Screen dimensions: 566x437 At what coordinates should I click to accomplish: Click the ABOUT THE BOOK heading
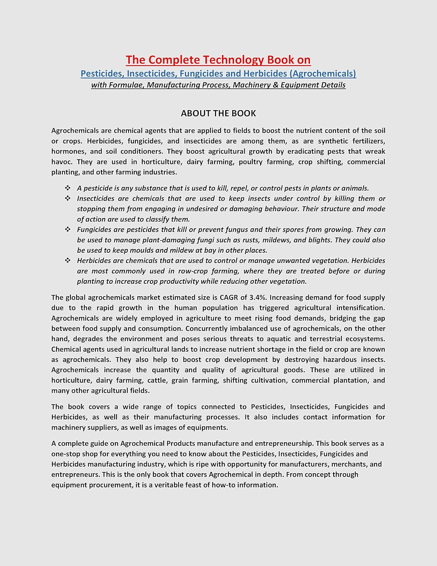tap(218, 113)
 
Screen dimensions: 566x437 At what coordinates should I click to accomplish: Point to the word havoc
tap(62, 162)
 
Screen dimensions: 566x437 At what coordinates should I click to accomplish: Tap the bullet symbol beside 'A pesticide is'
tap(68, 188)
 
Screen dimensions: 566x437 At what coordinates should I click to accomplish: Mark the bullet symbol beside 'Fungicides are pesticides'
tap(68, 229)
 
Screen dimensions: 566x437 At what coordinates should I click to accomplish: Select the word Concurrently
tap(207, 329)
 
